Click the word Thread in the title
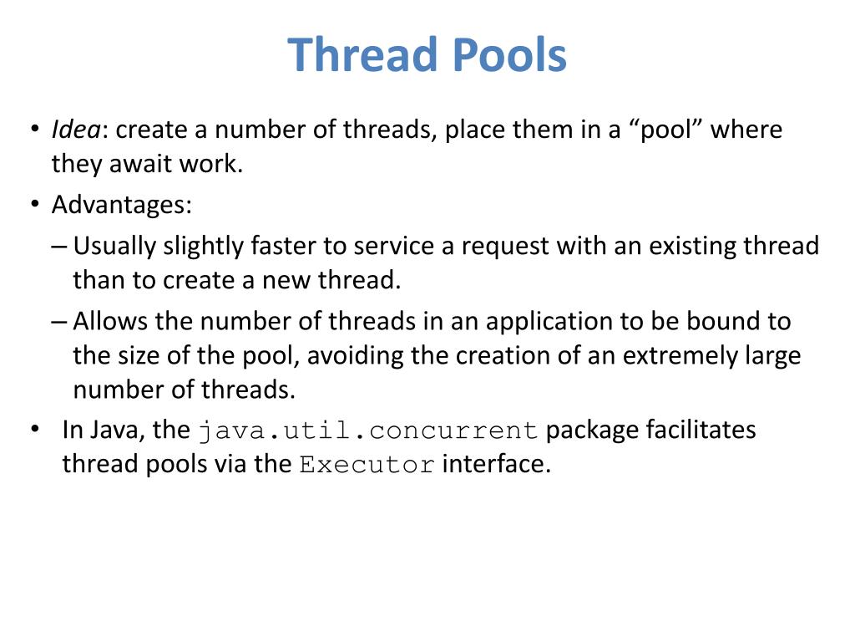click(x=364, y=55)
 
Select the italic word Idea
click(x=76, y=130)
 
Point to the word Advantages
click(x=122, y=205)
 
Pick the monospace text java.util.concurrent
click(x=368, y=431)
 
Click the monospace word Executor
click(x=367, y=465)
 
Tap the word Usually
click(x=114, y=246)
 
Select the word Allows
click(x=107, y=321)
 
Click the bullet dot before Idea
click(x=34, y=130)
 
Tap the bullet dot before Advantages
click(x=34, y=205)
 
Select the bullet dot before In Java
click(x=34, y=430)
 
